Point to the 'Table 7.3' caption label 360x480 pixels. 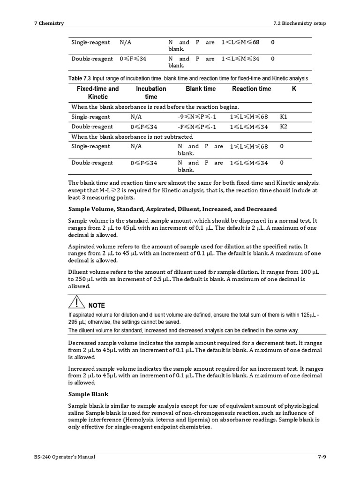(x=80, y=78)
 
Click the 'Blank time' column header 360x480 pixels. (x=201, y=89)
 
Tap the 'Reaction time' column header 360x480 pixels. (x=251, y=89)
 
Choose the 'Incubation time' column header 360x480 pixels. (x=151, y=93)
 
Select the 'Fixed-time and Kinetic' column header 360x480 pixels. (x=97, y=93)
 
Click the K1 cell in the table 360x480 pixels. (x=284, y=117)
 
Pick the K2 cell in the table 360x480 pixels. (x=284, y=127)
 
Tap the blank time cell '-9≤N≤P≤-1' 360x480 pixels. (x=197, y=117)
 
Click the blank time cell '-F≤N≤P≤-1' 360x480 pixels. (x=197, y=127)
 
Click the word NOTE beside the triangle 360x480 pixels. (x=97, y=306)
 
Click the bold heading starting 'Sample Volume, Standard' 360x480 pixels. (x=172, y=209)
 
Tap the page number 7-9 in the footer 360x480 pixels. (x=321, y=457)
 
